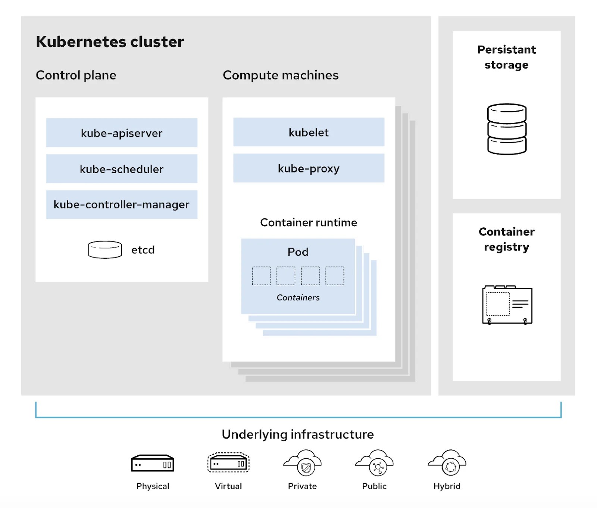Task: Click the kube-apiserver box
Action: coord(122,133)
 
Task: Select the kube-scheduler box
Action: coord(122,169)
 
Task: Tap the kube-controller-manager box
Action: coord(122,205)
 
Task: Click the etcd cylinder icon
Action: coord(105,249)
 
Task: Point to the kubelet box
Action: coord(309,132)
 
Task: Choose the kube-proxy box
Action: coord(309,168)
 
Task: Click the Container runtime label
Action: coord(309,222)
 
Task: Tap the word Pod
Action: coord(298,252)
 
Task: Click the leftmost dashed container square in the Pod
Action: coord(262,276)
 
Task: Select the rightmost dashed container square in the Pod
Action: coord(335,276)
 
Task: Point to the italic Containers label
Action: coord(298,297)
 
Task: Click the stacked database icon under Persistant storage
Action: coord(507,129)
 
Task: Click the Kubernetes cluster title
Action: coord(110,42)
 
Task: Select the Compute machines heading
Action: coord(281,75)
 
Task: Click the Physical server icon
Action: coord(153,463)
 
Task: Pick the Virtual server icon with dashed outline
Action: coord(228,463)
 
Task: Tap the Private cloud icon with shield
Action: coord(303,463)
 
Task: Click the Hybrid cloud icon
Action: coord(447,463)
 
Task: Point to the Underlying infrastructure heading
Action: coord(298,434)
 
